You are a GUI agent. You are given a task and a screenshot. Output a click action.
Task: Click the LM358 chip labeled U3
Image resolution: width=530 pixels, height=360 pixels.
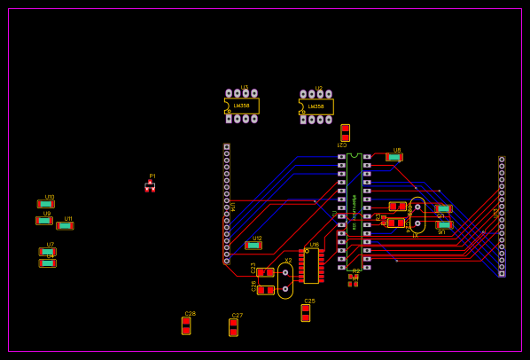(x=241, y=106)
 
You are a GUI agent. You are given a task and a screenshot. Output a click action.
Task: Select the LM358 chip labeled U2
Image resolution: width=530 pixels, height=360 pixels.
(x=316, y=106)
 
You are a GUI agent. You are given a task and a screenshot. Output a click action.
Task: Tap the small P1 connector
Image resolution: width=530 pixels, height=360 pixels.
(x=150, y=186)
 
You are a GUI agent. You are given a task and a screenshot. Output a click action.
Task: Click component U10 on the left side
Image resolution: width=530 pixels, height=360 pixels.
(x=46, y=204)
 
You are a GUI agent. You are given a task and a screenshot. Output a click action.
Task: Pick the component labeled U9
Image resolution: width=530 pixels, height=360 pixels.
(x=44, y=221)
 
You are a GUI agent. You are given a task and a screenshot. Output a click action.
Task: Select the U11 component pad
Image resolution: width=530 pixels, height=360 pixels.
(x=65, y=225)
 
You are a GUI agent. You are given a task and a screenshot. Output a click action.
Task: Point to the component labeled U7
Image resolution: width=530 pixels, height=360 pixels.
(x=48, y=252)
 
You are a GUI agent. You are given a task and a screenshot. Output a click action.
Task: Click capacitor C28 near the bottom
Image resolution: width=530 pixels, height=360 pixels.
(x=186, y=325)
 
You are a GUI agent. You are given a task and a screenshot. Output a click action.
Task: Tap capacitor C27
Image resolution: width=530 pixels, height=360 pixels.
(x=233, y=327)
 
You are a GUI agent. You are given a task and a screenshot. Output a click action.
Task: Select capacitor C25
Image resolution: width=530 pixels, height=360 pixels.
(x=306, y=312)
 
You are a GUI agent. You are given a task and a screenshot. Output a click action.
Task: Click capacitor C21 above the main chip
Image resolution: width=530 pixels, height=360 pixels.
(x=345, y=132)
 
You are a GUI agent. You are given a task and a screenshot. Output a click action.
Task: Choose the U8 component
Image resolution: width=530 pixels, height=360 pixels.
(x=394, y=157)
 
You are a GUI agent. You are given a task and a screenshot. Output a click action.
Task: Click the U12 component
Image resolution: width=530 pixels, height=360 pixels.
(x=253, y=246)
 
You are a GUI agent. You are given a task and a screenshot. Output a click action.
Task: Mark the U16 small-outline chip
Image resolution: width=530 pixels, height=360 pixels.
(x=311, y=265)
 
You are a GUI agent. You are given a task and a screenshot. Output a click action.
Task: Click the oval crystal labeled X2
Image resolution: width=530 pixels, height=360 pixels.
(x=285, y=280)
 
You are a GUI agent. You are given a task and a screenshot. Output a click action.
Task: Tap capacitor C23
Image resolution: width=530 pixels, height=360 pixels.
(x=265, y=272)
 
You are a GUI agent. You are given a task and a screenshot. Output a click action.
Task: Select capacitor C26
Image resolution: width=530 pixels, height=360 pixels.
(x=265, y=290)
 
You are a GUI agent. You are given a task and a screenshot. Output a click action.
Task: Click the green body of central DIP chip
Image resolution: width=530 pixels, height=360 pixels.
(x=355, y=209)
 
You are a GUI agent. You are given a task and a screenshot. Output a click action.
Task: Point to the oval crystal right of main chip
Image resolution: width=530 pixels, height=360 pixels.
(x=417, y=215)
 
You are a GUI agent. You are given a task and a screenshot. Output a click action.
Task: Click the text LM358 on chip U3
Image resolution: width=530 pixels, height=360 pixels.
(x=241, y=106)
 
